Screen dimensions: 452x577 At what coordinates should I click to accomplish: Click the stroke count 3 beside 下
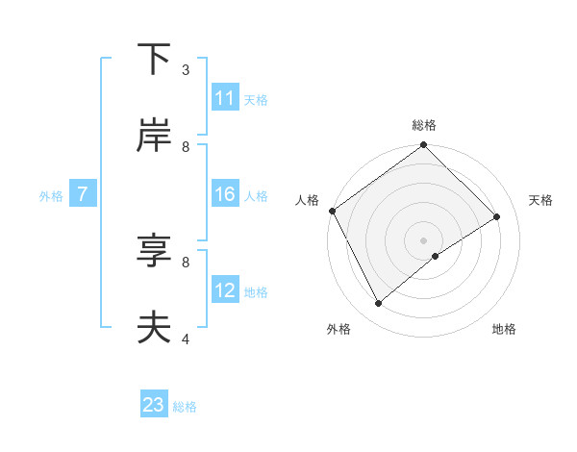[186, 70]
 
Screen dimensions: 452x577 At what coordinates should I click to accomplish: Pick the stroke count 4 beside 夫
[186, 339]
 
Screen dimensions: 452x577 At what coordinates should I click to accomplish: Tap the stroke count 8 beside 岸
[186, 146]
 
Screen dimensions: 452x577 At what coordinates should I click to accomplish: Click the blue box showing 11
[225, 98]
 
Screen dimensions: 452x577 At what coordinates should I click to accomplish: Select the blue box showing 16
[225, 195]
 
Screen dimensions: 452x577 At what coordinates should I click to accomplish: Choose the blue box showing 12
[225, 290]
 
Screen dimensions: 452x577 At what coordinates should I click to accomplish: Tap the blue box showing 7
[84, 195]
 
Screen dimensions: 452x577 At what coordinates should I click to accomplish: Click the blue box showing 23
[154, 405]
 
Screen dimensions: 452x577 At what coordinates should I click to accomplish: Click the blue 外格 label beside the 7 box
[51, 196]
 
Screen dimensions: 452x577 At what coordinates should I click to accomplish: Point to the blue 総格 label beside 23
[185, 407]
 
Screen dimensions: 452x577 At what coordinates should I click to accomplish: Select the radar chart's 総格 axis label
[424, 125]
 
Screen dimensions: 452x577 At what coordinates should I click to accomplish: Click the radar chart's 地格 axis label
[504, 329]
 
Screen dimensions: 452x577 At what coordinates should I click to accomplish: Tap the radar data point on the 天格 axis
[497, 217]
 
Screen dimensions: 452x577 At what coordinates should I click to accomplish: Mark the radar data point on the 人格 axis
[332, 211]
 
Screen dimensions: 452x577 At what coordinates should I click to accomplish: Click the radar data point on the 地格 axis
[436, 256]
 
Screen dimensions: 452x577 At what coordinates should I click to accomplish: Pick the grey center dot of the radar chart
[424, 239]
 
